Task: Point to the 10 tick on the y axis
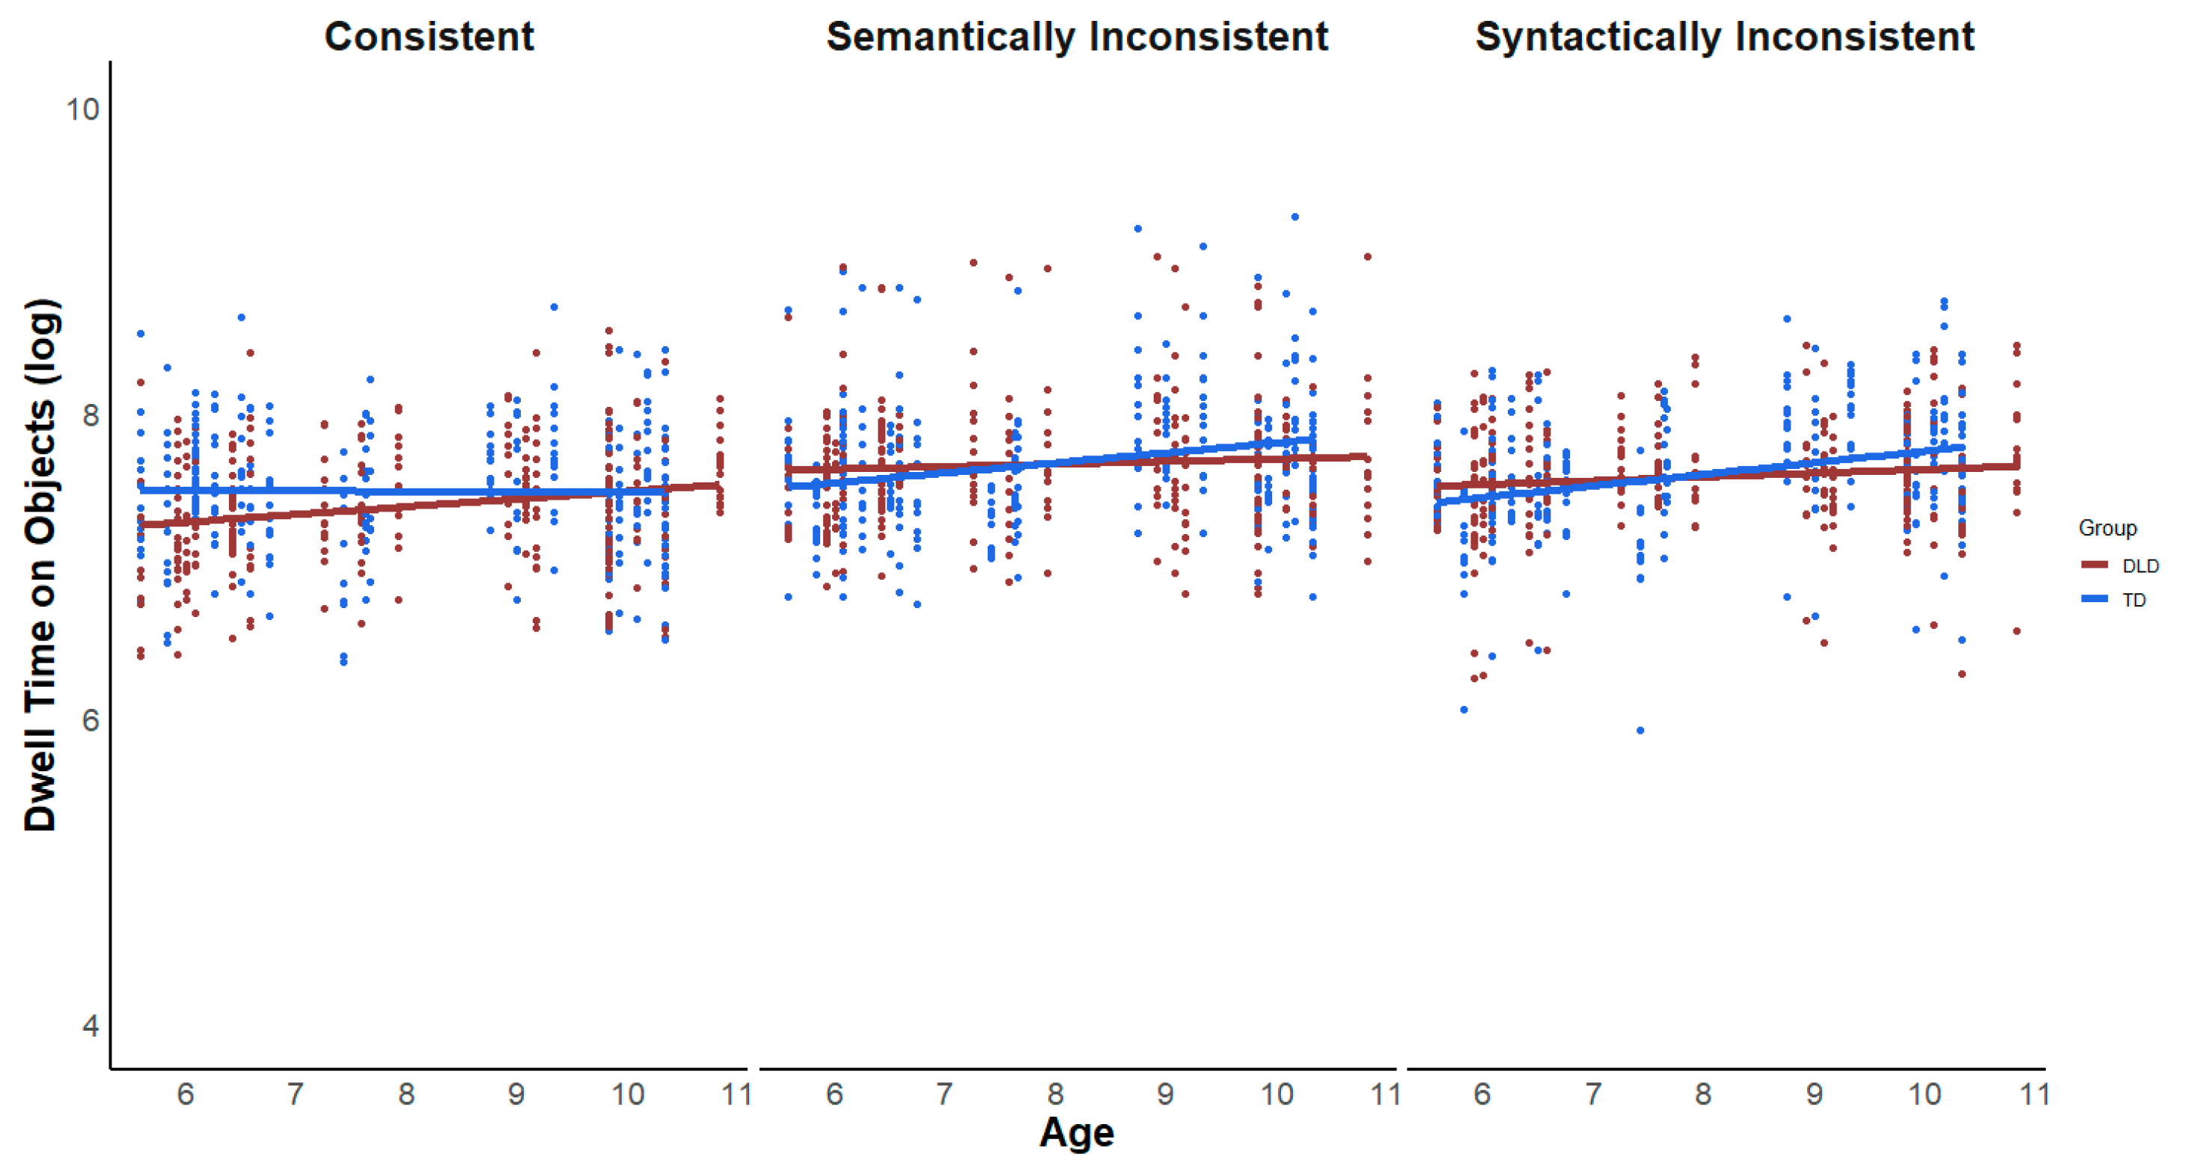point(82,108)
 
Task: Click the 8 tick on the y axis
point(89,414)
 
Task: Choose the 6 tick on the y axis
point(89,720)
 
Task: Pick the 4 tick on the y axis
point(89,1026)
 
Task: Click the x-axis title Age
point(1075,1132)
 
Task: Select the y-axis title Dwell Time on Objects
point(40,564)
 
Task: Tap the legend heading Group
point(2107,528)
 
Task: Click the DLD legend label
point(2140,565)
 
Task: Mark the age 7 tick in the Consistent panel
point(294,1094)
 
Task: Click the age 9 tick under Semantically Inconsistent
point(1164,1094)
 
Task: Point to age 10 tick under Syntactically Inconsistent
point(1924,1094)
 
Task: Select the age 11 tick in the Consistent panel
point(736,1094)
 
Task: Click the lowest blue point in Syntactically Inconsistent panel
point(1639,730)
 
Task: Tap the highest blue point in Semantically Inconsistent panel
point(1295,217)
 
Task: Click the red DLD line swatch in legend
point(2094,565)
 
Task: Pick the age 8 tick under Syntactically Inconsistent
point(1702,1094)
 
